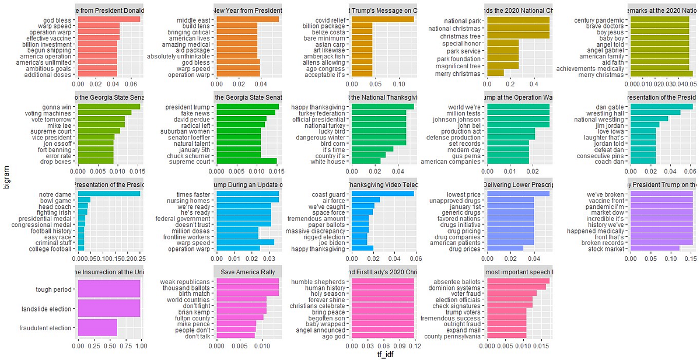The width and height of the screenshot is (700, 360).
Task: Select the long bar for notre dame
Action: pyautogui.click(x=108, y=194)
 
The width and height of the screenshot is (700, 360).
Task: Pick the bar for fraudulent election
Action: pyautogui.click(x=97, y=328)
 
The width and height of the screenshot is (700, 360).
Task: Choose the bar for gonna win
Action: pyautogui.click(x=108, y=106)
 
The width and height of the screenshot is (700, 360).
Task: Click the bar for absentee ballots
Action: pyautogui.click(x=517, y=281)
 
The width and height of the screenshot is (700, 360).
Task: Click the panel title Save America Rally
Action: pyautogui.click(x=248, y=272)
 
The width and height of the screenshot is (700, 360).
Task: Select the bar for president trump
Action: pyautogui.click(x=247, y=106)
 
